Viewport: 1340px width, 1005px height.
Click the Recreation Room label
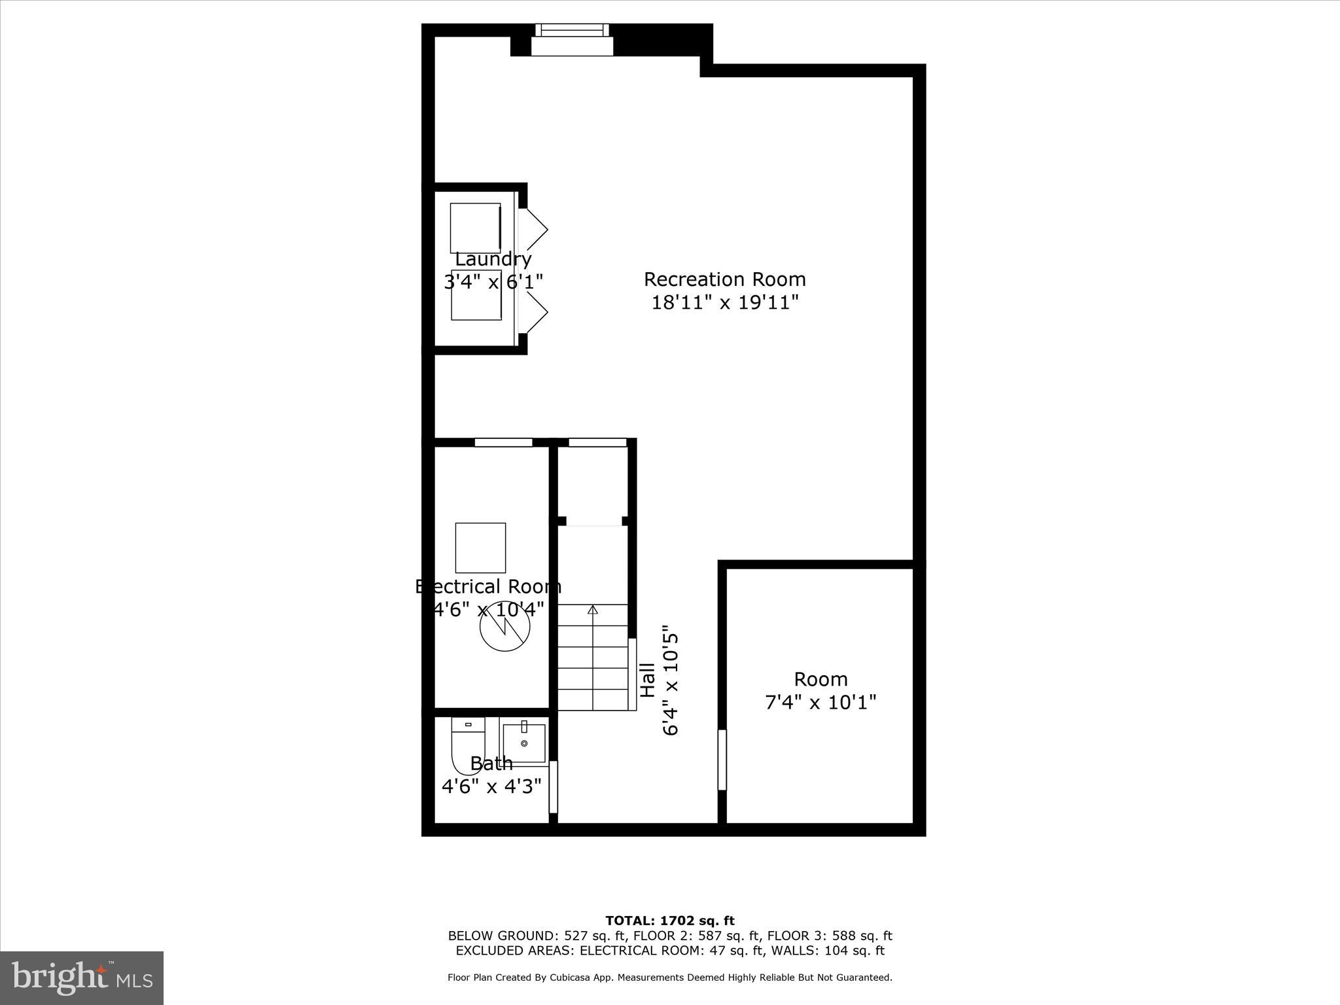(724, 279)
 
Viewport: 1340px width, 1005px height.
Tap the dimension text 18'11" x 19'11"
(725, 302)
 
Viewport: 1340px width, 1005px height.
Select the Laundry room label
(493, 260)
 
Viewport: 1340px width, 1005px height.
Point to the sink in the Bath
(523, 743)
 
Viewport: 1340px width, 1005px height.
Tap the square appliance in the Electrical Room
(480, 548)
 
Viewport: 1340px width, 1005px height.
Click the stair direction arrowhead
(593, 610)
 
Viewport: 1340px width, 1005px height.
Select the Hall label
(647, 680)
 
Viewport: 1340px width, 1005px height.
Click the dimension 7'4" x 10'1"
(820, 702)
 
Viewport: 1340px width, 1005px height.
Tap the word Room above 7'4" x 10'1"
(820, 679)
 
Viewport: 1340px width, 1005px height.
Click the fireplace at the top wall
(572, 41)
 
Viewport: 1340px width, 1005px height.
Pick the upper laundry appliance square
(475, 228)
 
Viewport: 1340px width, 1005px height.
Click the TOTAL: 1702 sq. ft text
(670, 921)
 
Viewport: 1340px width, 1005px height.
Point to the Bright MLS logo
(82, 977)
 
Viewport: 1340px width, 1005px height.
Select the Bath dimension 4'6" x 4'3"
(491, 786)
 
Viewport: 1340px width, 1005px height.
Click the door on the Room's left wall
(722, 760)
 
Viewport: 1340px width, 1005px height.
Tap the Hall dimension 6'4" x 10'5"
(671, 684)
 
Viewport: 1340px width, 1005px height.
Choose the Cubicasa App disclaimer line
(670, 978)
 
